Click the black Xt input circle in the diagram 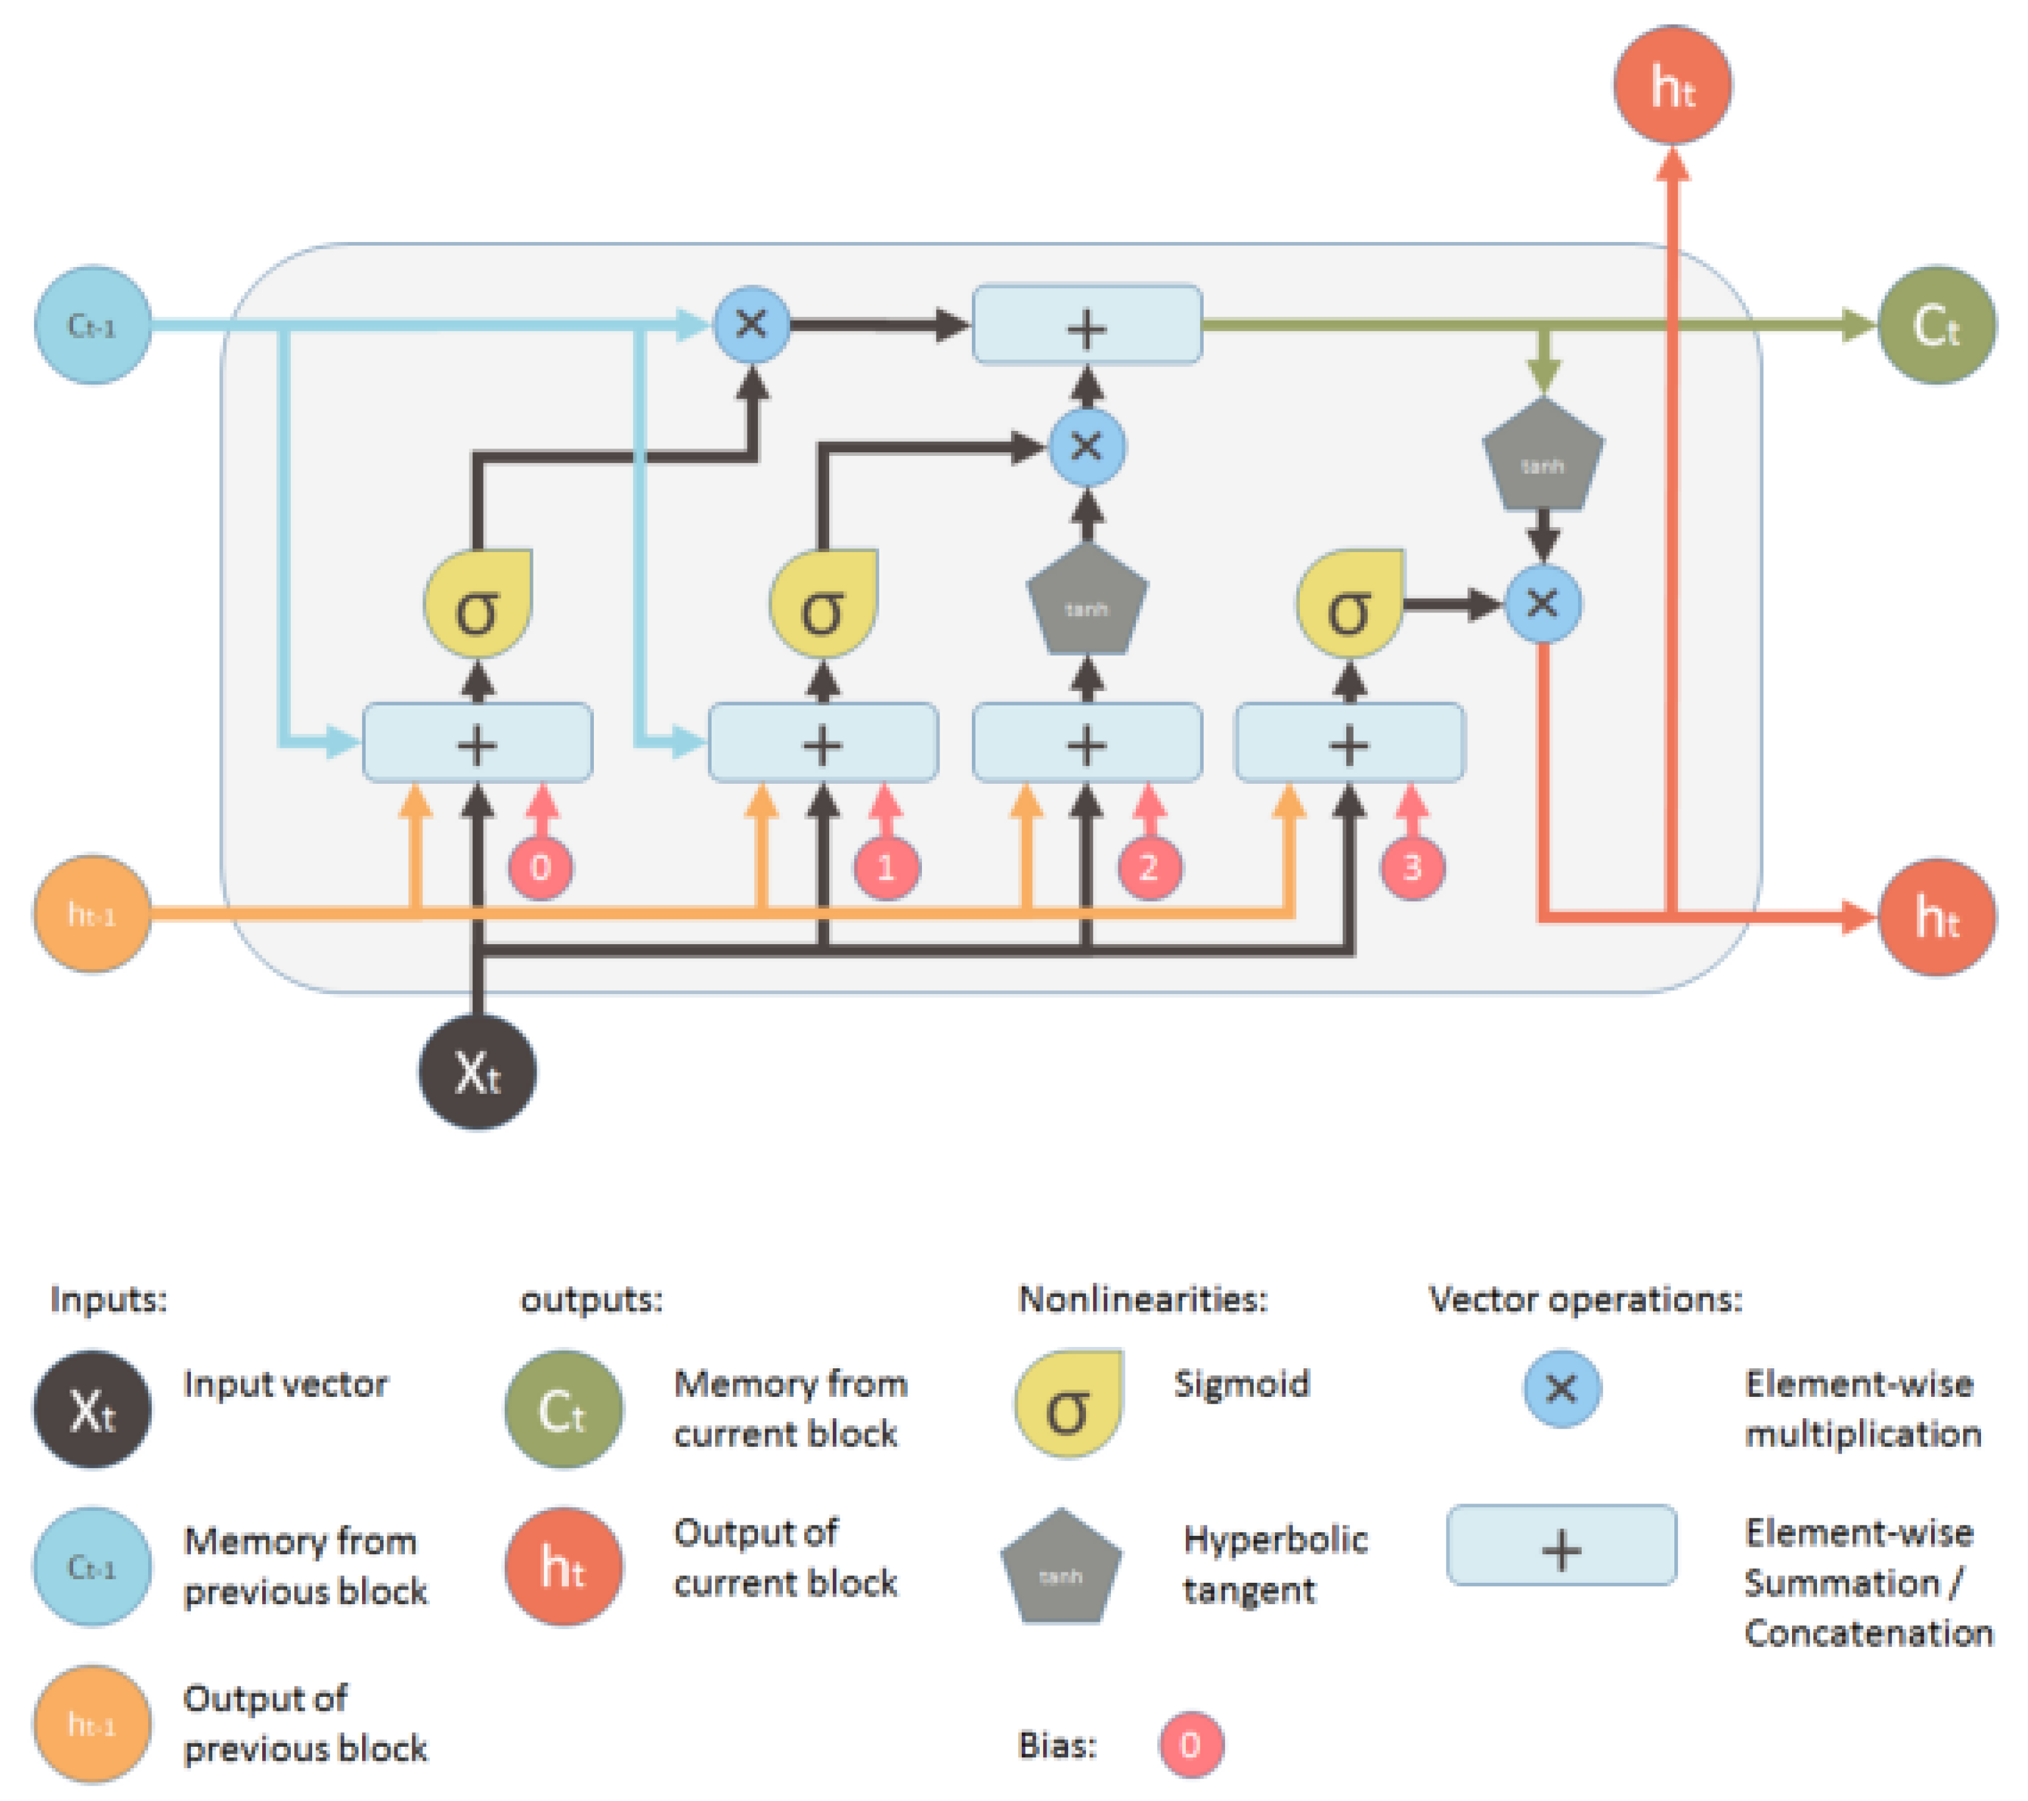(477, 1072)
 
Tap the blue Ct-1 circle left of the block (92, 324)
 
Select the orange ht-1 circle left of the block (92, 914)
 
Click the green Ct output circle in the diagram (1936, 324)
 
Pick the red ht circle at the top (1673, 85)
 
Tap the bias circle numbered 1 (886, 868)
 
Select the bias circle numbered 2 (1149, 868)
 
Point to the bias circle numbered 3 (1412, 868)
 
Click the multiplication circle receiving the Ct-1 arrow (752, 324)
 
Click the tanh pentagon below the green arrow (1543, 458)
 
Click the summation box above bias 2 (1087, 742)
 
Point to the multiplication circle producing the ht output (1543, 603)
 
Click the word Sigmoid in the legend (1241, 1384)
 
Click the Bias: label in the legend (1058, 1744)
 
